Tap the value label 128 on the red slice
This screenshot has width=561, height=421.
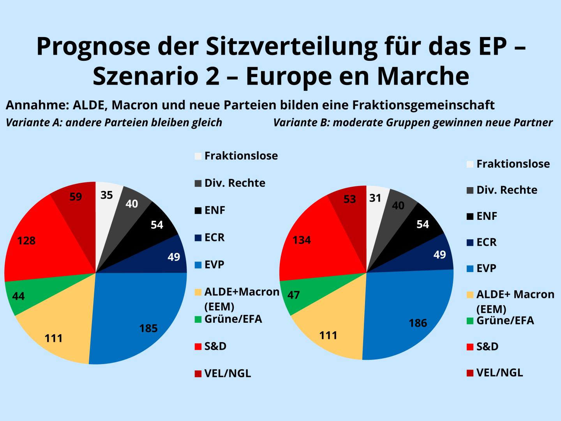pos(26,241)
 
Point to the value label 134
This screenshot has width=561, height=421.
pos(302,240)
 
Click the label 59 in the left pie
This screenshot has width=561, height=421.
pos(76,197)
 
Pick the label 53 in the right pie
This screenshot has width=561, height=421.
pos(350,200)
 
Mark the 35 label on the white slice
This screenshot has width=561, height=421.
pos(106,195)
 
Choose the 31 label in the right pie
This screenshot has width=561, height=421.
pos(375,198)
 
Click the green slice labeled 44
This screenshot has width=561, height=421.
pos(18,297)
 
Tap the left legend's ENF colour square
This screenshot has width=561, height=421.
pos(198,211)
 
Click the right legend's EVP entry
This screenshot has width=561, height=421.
pos(486,269)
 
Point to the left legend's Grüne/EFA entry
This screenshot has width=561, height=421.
pos(233,319)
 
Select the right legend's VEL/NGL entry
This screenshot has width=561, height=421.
pos(499,372)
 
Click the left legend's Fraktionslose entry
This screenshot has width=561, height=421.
pos(241,156)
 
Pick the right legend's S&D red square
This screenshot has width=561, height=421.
pos(470,347)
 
